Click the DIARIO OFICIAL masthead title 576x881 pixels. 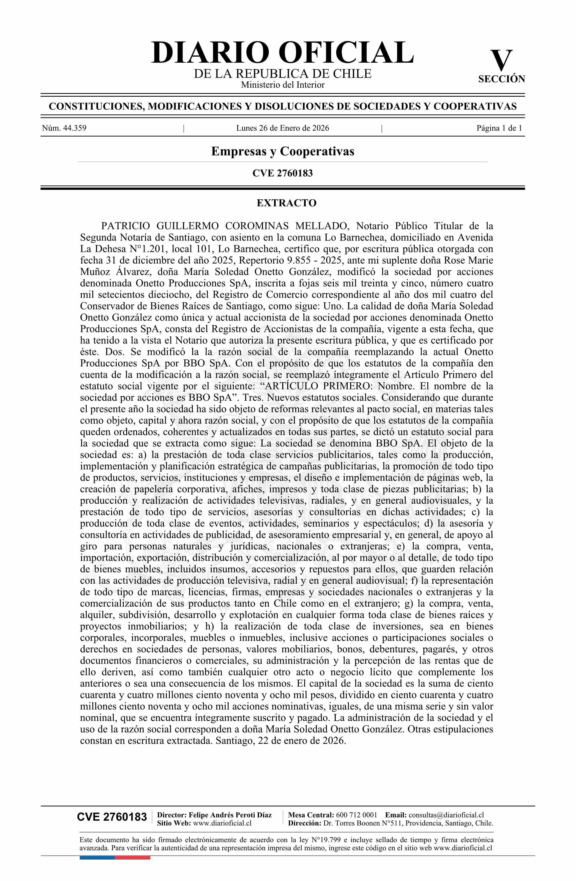282,53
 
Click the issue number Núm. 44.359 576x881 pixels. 64,129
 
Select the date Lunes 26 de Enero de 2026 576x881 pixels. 282,129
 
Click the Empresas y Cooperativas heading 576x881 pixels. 282,151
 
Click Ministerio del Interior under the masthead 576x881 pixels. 282,85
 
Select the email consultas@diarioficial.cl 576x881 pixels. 446,815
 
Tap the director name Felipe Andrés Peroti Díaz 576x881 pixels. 230,815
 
